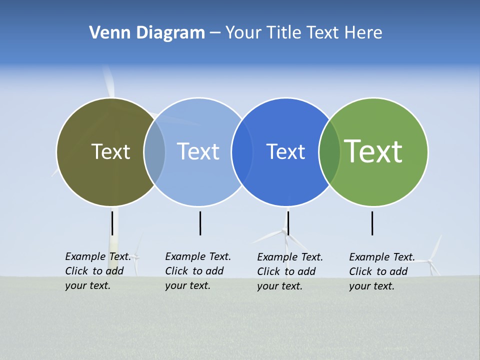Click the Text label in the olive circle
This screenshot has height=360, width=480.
(110, 151)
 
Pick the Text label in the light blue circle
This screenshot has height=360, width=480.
(198, 151)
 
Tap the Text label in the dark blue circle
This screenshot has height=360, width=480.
(285, 151)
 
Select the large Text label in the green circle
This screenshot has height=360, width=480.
(373, 151)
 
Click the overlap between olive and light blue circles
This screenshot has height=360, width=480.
(154, 152)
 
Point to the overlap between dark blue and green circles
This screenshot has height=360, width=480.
(329, 152)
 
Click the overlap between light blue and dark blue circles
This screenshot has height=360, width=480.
(242, 152)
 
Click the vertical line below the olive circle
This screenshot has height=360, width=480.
(112, 223)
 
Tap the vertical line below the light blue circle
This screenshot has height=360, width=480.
(200, 223)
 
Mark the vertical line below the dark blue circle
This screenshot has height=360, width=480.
(288, 223)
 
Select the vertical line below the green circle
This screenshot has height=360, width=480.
(372, 223)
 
